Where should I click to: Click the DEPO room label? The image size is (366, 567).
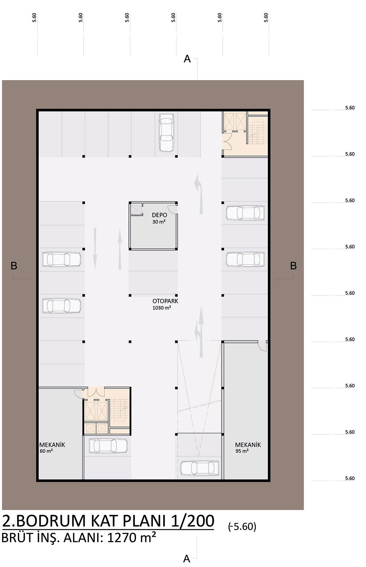pos(159,215)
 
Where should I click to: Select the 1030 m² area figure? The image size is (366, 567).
pos(161,308)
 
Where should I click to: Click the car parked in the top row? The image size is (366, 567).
pos(166,133)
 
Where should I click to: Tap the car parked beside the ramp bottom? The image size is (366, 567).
pos(200,468)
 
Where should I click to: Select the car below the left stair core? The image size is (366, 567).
pos(108,446)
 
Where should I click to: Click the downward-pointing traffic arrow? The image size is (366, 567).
pos(95,249)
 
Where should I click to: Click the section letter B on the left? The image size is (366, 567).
pos(14,266)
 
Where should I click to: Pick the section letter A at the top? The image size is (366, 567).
pos(187,59)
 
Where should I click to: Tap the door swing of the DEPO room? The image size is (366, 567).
pos(173,209)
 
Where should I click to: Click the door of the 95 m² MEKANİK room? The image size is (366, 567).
pos(262,346)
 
